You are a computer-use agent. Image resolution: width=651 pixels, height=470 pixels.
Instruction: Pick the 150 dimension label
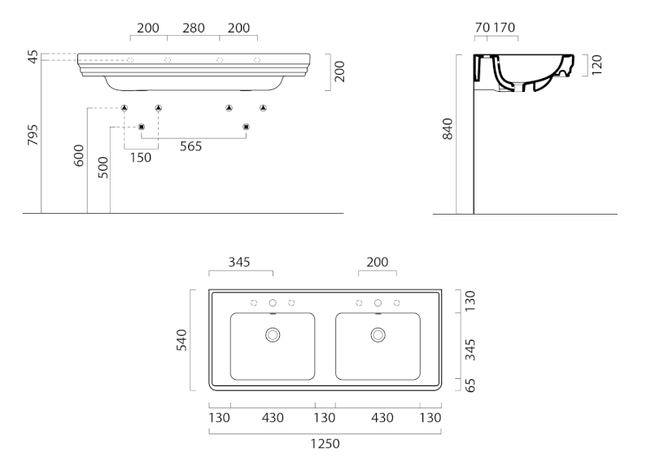click(x=141, y=157)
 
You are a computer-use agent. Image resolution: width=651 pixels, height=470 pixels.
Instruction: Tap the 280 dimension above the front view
click(x=194, y=28)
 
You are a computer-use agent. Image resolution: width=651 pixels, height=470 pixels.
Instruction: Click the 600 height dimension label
click(x=79, y=155)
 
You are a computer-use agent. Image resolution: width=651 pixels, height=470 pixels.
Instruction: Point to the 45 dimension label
click(x=33, y=57)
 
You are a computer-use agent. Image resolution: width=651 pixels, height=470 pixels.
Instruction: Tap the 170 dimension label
click(x=504, y=28)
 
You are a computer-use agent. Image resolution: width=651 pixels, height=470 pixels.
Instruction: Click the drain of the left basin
click(x=273, y=334)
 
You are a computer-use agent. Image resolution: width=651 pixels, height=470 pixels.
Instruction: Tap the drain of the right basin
click(x=378, y=334)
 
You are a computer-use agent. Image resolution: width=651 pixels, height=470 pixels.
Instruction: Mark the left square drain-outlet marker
click(x=142, y=126)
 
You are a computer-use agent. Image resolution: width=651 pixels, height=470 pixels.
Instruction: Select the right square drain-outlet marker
click(x=246, y=126)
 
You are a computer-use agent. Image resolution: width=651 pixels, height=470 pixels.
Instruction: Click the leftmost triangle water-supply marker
click(x=125, y=108)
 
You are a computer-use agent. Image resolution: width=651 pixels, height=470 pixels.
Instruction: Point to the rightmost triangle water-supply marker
click(x=263, y=108)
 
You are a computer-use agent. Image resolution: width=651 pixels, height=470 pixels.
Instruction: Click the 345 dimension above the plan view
click(x=239, y=262)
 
